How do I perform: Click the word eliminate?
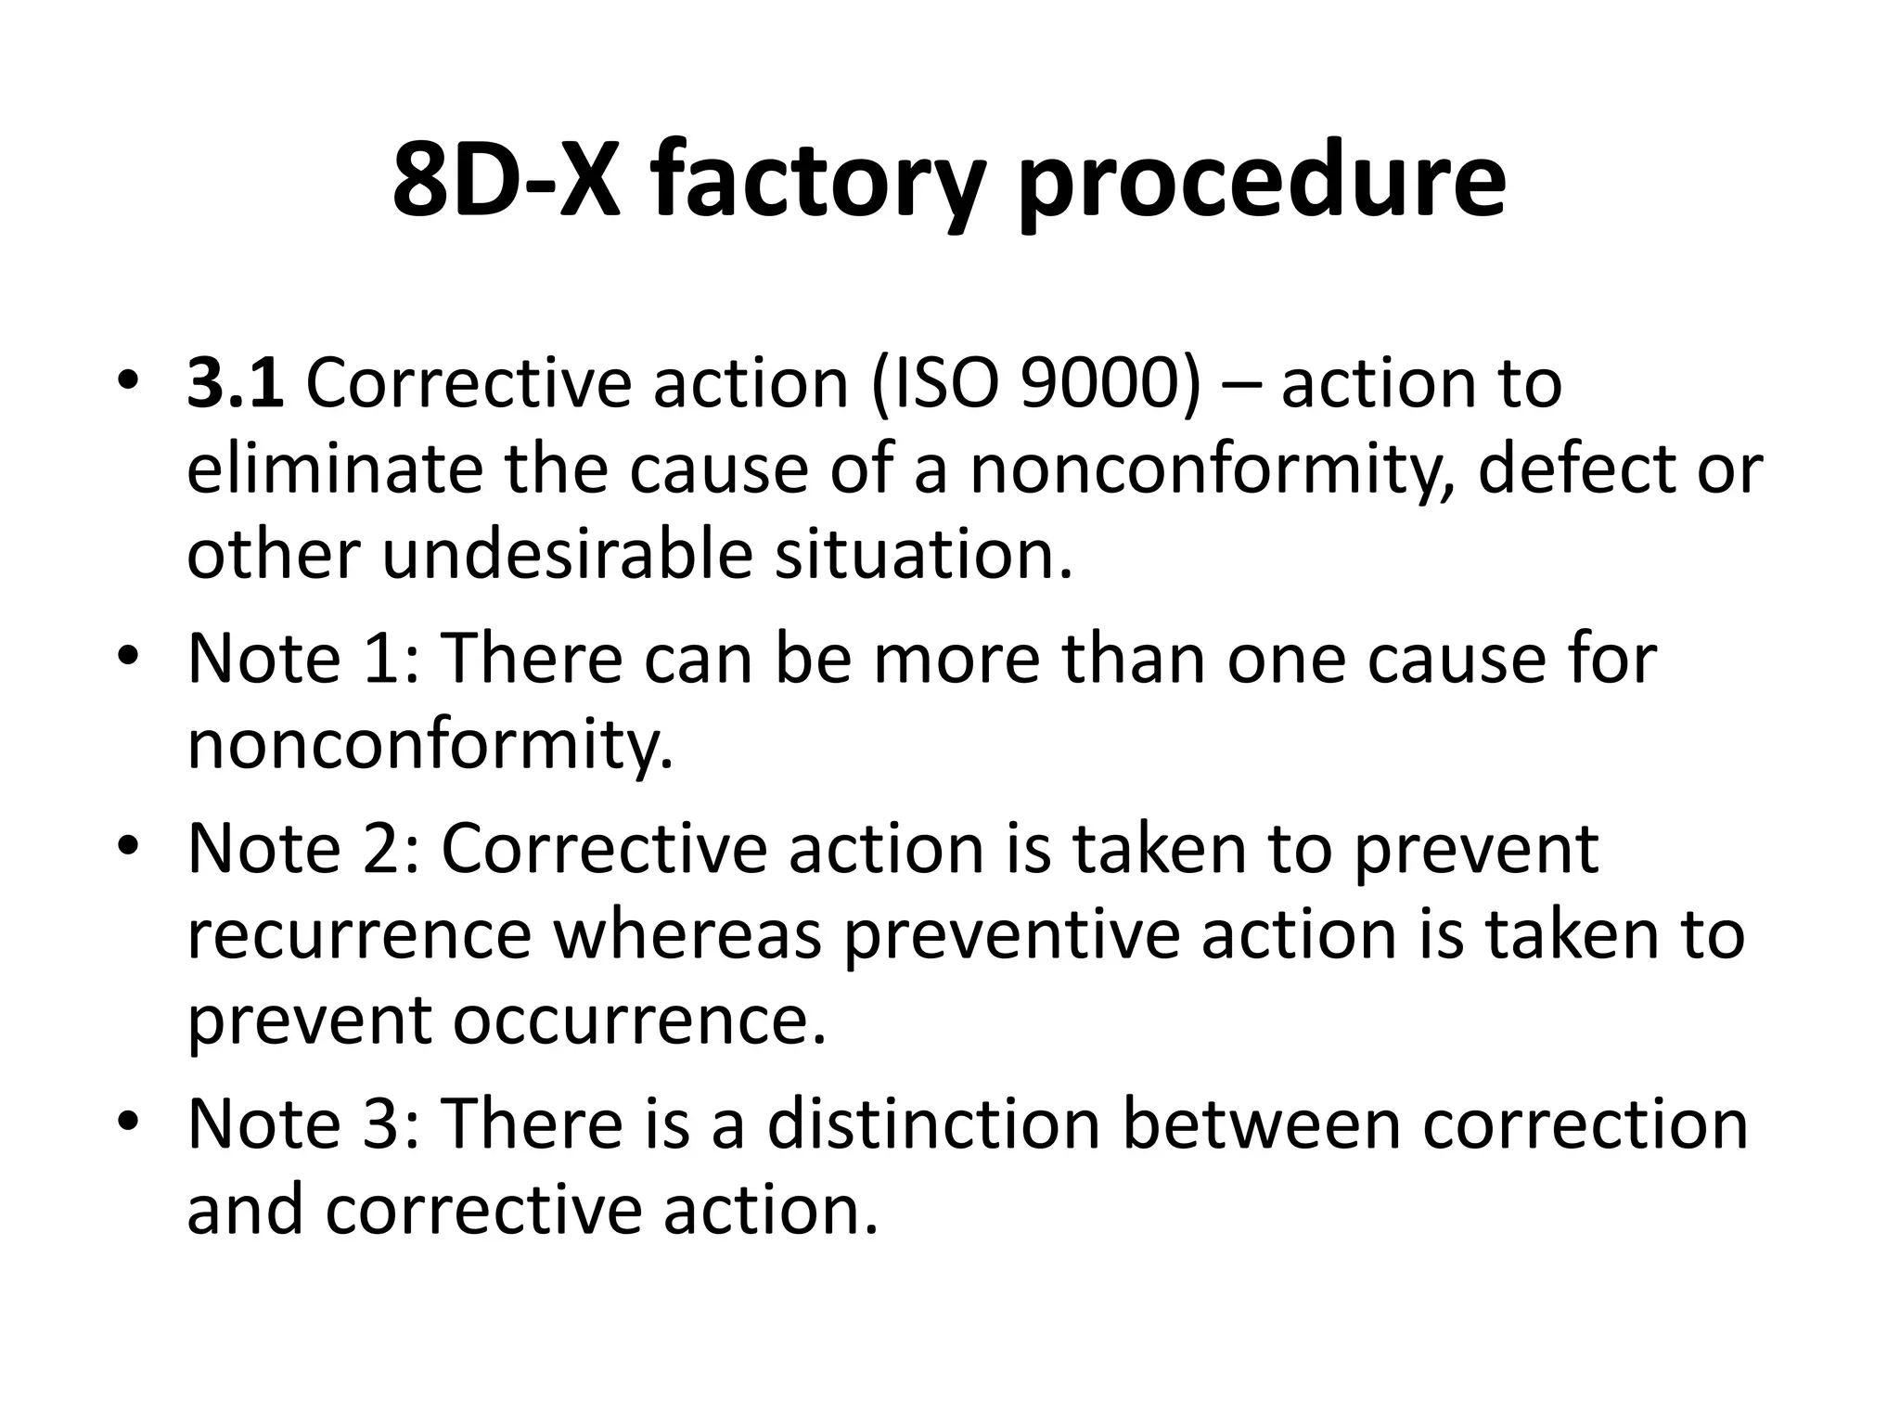coord(334,469)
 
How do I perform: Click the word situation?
coord(923,554)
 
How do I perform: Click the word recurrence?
coord(359,934)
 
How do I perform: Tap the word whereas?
coord(688,934)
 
